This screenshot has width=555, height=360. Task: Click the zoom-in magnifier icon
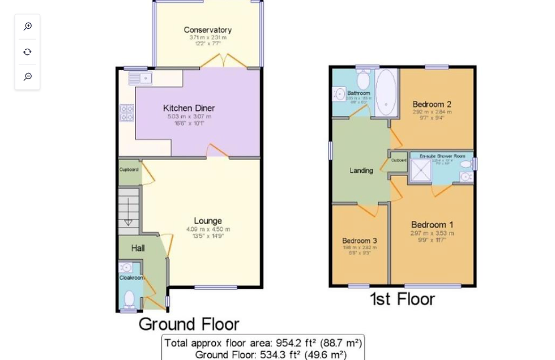point(27,27)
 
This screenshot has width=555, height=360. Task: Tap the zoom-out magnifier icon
point(27,76)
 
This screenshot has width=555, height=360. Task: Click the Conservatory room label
point(207,30)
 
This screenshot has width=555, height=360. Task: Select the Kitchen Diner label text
point(189,108)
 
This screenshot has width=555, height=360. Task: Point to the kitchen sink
point(140,78)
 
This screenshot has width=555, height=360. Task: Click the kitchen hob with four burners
point(126,113)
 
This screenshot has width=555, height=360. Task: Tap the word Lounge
point(208,221)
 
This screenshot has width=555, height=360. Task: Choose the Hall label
point(138,248)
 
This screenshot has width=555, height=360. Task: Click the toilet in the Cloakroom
point(129,298)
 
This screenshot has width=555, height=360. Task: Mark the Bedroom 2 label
point(432,104)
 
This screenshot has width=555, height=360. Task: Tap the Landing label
point(361,170)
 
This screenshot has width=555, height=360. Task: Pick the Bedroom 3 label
point(359,241)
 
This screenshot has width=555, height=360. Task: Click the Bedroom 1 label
point(432,224)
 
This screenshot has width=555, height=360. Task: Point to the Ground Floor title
point(189,324)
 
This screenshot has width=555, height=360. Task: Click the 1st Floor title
point(402,299)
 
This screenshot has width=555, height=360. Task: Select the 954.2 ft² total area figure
point(298,343)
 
